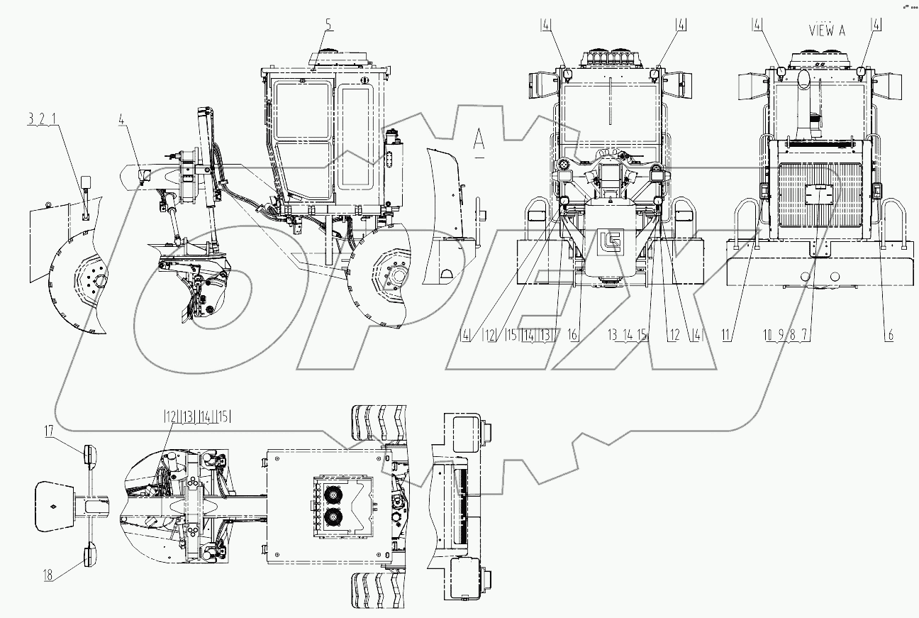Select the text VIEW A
(827, 30)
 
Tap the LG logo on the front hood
(609, 240)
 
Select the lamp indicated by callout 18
(91, 553)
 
